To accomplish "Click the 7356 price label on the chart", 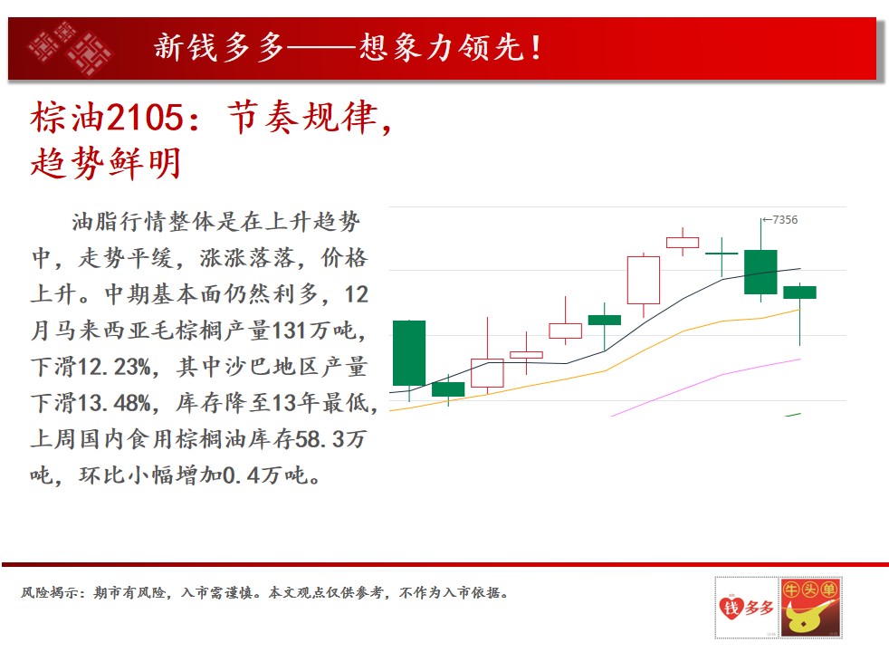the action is coord(785,219).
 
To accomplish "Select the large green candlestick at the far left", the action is coord(409,353).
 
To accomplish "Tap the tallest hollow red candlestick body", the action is coord(644,280).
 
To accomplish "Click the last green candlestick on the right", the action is coord(799,292).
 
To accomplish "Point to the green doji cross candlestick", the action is coord(722,254).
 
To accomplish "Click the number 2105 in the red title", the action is coord(145,118).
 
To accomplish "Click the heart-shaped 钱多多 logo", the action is coord(747,608).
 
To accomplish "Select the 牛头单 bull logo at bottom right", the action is coord(810,608).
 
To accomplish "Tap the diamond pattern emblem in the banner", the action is coord(70,48).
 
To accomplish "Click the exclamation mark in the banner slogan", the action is coord(536,48).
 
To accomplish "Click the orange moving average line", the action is coord(596,374).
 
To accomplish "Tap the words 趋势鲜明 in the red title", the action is coord(105,163).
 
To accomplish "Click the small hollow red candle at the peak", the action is coord(683,243).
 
